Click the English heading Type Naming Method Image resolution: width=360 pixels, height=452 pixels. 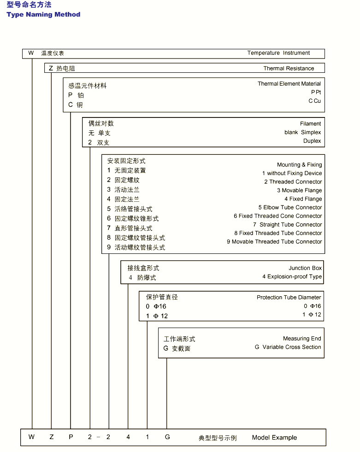click(x=43, y=14)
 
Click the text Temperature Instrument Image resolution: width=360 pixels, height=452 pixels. click(x=278, y=53)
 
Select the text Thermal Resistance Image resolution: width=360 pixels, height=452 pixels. click(x=289, y=68)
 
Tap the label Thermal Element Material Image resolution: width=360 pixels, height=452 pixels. click(x=289, y=84)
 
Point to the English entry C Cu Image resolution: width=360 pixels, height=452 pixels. click(x=315, y=101)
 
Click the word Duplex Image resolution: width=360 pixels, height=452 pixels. click(x=312, y=141)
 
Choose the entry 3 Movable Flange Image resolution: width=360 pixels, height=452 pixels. click(x=299, y=190)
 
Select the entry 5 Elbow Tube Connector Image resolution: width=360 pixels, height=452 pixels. click(x=290, y=207)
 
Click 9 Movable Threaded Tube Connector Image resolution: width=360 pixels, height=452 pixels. click(x=274, y=241)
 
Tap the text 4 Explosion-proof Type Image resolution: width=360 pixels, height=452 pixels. click(x=292, y=277)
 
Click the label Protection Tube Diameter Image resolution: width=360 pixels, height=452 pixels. click(x=289, y=297)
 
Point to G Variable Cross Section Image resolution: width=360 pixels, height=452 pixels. click(x=288, y=347)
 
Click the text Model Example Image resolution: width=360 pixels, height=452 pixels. click(x=274, y=438)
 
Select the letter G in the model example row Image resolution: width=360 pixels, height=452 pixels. click(x=167, y=437)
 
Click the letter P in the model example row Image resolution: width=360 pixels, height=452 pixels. click(x=71, y=437)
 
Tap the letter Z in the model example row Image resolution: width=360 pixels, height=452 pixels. click(x=51, y=437)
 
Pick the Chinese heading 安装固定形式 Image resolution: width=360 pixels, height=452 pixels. click(x=126, y=161)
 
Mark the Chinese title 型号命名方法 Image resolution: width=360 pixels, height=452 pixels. click(x=29, y=5)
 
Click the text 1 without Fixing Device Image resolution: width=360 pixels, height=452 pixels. click(x=292, y=173)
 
